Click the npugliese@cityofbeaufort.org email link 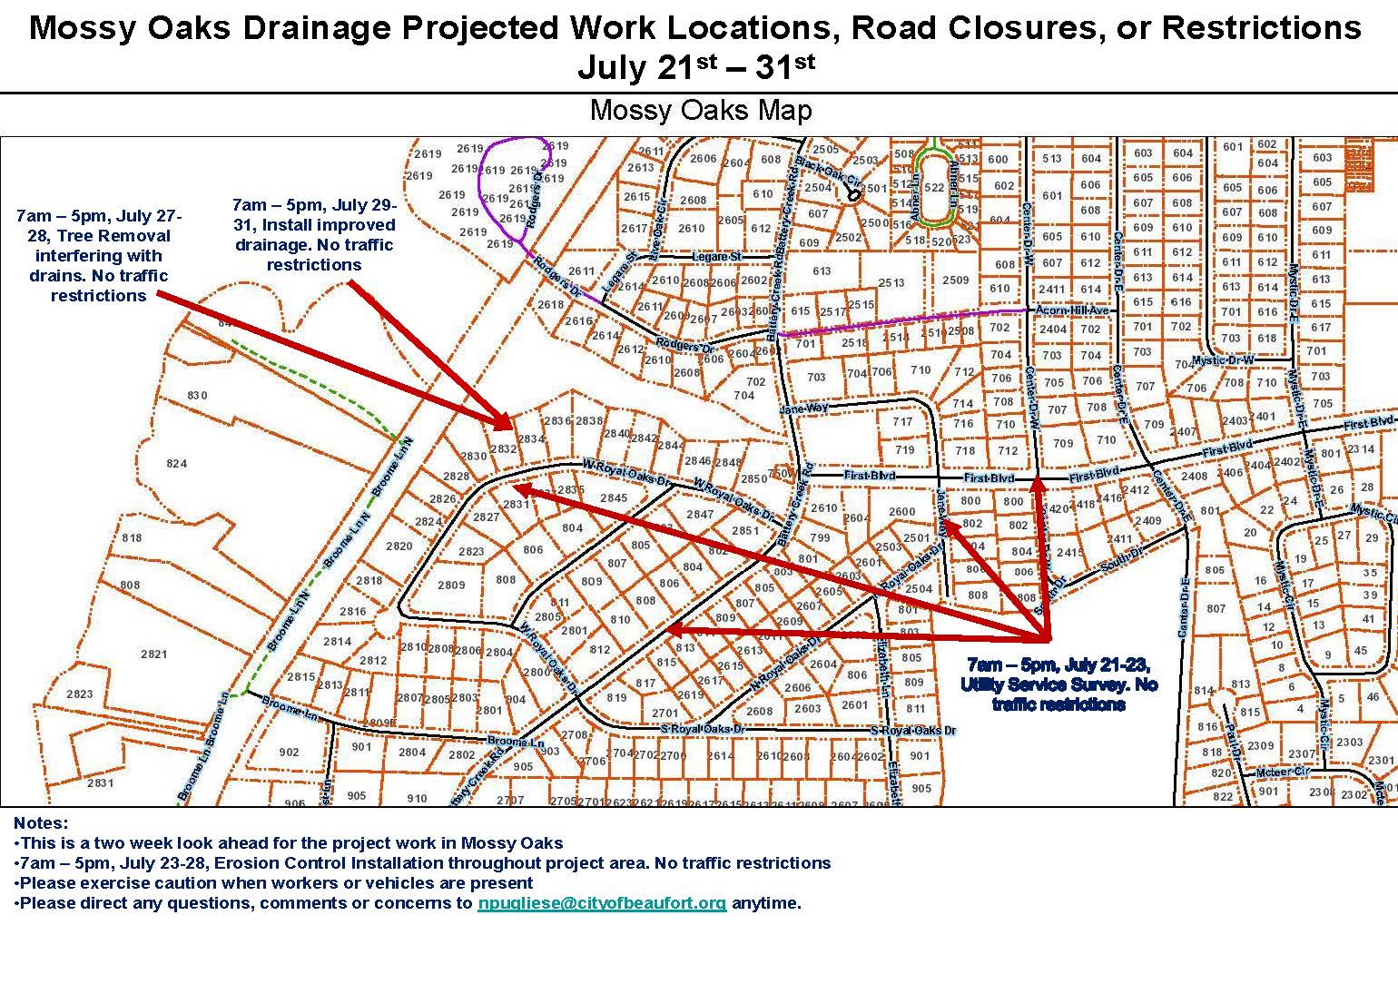602,903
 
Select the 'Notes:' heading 41,823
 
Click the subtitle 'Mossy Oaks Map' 700,111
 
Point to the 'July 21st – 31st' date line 696,67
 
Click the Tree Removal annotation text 99,256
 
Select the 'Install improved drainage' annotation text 313,234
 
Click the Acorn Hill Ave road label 1073,310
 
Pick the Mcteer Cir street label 1283,773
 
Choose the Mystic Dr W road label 1222,360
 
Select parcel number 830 197,395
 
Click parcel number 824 176,463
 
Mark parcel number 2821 154,654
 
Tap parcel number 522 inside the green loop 934,188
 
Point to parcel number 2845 614,497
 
